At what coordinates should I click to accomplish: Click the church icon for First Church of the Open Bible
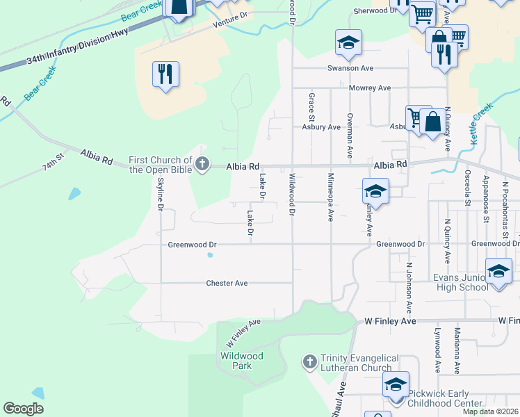[x=202, y=165]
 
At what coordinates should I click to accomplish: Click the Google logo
[x=23, y=409]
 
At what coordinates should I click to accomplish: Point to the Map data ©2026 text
[x=491, y=411]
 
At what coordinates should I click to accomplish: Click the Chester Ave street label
[x=227, y=283]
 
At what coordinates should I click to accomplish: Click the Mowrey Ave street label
[x=370, y=88]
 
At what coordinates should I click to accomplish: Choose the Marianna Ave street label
[x=457, y=350]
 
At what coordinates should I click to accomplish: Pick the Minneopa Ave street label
[x=331, y=197]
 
